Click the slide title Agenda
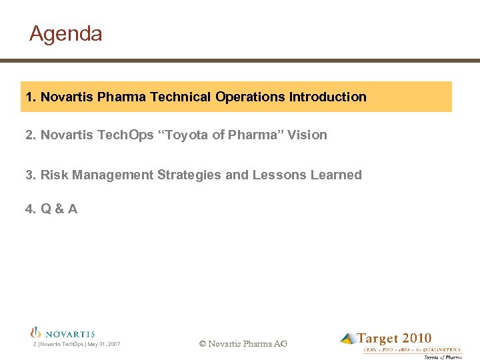(65, 33)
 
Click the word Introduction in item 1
(327, 97)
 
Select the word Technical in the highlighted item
(181, 97)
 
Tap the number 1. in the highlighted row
(31, 97)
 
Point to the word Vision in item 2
(307, 135)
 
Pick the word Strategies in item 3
(190, 175)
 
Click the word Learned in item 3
(337, 175)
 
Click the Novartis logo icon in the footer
(36, 332)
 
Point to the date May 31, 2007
(104, 344)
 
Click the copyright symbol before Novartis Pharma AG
(203, 344)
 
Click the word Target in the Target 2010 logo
(379, 339)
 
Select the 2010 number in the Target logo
(417, 339)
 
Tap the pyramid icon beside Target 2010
(348, 339)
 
